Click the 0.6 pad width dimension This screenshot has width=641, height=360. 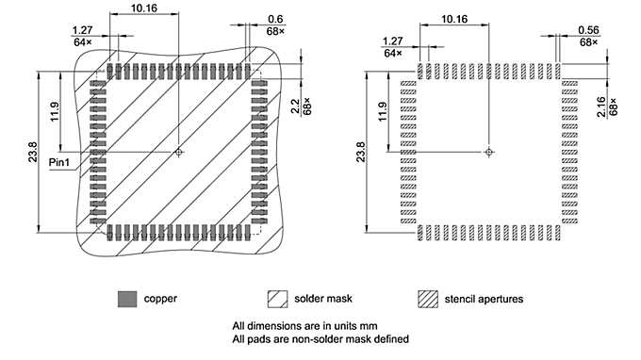[276, 18]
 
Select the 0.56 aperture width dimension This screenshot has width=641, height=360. [588, 28]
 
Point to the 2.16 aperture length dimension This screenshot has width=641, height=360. [601, 101]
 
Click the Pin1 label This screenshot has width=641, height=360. [63, 163]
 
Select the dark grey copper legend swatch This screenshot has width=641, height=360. [126, 299]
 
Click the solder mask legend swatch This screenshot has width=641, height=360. [278, 299]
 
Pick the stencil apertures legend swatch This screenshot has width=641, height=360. [427, 299]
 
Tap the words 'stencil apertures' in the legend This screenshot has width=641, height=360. [484, 299]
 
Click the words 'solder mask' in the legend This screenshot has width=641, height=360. [325, 299]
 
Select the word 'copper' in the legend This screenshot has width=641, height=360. [160, 299]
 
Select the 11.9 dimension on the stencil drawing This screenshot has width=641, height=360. [384, 111]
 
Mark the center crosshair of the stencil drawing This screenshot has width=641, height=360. [488, 151]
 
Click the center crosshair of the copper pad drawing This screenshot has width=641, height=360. [179, 151]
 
